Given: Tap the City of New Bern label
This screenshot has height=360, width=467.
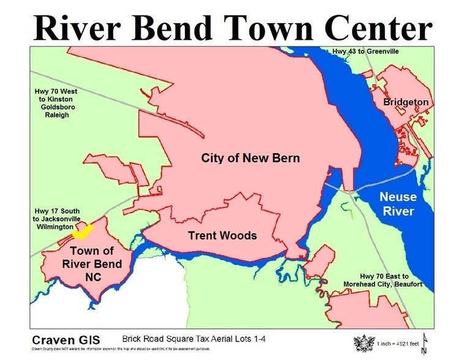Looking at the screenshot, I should click(250, 158).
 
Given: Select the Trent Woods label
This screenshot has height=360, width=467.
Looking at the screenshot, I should click(222, 236).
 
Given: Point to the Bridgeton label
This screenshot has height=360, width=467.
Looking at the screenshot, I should click(406, 102).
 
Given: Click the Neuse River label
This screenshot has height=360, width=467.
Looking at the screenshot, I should click(397, 204).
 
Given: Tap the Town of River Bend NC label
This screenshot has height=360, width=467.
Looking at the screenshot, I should click(92, 264).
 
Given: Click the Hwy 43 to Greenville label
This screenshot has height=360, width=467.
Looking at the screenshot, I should click(366, 51).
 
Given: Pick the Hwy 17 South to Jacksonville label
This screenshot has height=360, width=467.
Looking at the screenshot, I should click(56, 219).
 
